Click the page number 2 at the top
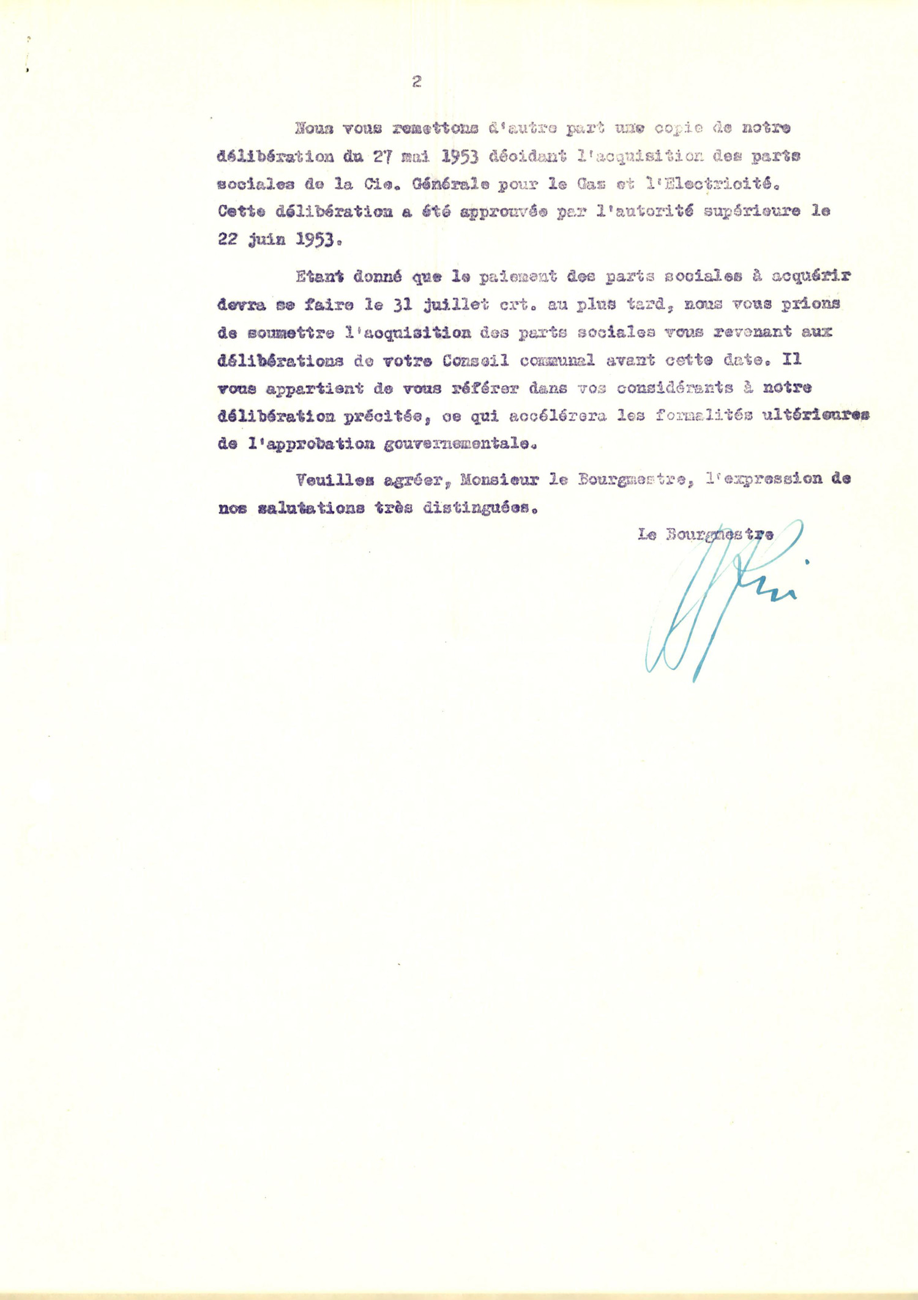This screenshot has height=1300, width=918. click(x=417, y=81)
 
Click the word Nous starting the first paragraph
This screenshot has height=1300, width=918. click(x=313, y=128)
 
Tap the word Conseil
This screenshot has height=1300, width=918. click(x=476, y=360)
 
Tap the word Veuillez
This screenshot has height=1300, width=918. click(x=334, y=480)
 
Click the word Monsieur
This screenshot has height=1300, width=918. click(x=499, y=480)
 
